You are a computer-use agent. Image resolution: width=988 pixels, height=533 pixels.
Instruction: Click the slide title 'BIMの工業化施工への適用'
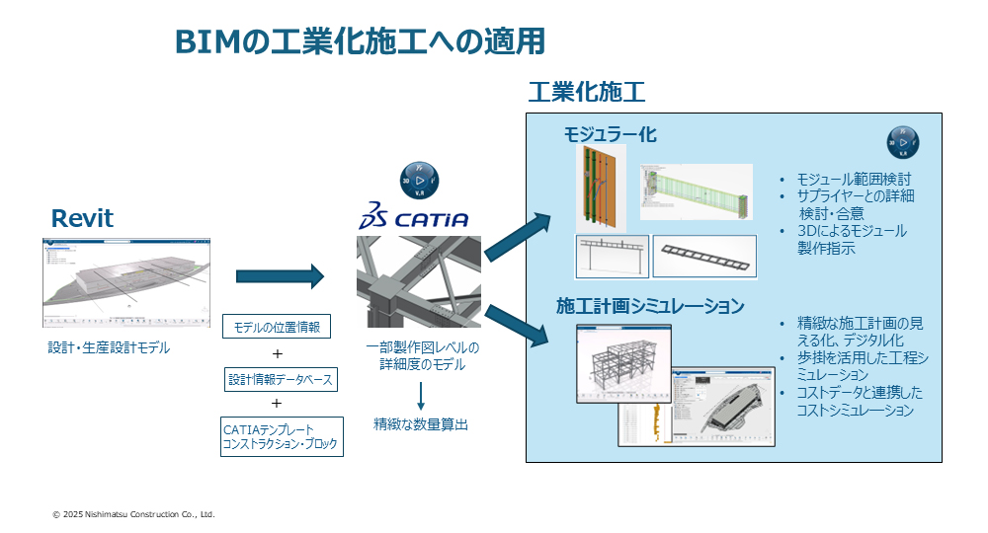[360, 41]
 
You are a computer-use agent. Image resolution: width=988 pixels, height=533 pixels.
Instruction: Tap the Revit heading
[82, 218]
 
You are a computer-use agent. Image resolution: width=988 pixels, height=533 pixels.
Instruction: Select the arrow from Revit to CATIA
[280, 277]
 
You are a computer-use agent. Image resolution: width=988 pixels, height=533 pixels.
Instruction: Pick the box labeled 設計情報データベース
[280, 378]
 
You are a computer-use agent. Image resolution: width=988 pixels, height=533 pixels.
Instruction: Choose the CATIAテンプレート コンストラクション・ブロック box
[282, 436]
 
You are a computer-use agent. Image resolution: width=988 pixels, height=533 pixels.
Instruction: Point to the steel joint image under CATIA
[419, 281]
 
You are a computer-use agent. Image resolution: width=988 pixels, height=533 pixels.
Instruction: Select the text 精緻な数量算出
[420, 424]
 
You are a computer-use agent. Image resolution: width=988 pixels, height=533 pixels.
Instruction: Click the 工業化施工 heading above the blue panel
[586, 93]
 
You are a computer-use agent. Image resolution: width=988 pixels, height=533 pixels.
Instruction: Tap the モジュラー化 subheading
[610, 134]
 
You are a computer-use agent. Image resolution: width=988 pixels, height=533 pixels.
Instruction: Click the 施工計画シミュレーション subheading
[649, 306]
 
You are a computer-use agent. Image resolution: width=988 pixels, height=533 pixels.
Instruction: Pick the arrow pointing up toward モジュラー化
[518, 241]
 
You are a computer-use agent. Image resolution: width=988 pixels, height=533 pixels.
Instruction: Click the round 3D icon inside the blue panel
[903, 143]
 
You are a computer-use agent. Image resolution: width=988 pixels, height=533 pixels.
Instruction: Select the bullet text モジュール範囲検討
[847, 179]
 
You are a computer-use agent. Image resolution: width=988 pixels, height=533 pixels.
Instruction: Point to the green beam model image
[696, 191]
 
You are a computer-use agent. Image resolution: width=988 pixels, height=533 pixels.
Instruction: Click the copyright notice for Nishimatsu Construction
[133, 514]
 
